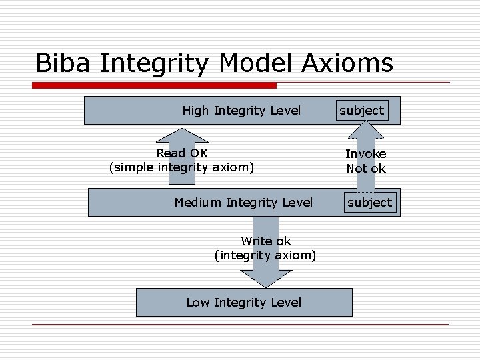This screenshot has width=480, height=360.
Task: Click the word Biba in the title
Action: click(63, 63)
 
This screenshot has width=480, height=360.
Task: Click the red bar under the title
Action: click(155, 85)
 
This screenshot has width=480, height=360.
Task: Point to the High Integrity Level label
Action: click(241, 111)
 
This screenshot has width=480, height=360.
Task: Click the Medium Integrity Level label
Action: click(243, 202)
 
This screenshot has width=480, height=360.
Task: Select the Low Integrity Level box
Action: click(244, 302)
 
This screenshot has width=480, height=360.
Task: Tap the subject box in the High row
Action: click(362, 110)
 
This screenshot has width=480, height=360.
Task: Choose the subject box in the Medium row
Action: click(370, 202)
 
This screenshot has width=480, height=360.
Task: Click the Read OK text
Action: click(182, 153)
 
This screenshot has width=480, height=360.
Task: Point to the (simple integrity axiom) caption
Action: click(181, 167)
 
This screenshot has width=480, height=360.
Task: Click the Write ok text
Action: click(266, 241)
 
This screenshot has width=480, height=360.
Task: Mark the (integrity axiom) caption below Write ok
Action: click(265, 255)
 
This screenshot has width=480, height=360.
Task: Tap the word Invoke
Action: click(365, 154)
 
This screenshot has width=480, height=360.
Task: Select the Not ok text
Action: click(365, 169)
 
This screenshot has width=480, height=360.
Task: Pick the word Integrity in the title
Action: click(157, 63)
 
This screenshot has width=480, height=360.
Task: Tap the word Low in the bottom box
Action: click(198, 302)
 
